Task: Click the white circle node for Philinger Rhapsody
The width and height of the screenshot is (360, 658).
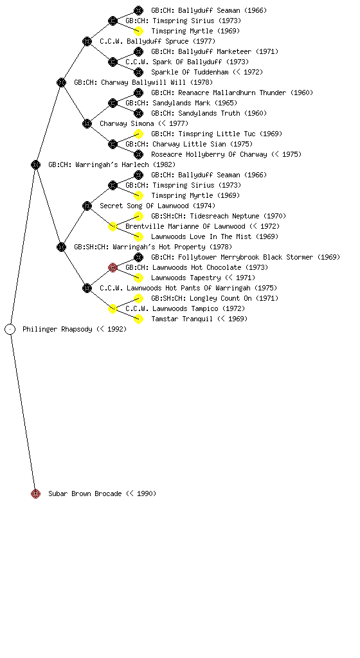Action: coord(10,329)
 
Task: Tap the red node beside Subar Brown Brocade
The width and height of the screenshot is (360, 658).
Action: coord(35,493)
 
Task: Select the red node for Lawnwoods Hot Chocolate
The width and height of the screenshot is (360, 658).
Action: coord(113,267)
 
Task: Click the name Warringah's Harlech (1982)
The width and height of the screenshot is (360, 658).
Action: coord(125,164)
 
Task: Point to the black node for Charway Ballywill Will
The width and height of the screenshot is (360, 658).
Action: coord(61,82)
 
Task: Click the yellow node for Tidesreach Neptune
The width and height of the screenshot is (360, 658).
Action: coord(138,216)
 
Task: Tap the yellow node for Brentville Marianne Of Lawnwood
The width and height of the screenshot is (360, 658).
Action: coord(113,226)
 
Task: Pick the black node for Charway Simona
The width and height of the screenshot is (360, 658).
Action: coord(87,123)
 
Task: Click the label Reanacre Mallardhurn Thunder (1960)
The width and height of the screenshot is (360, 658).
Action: coord(246,93)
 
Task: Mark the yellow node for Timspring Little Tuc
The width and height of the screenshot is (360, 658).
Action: coord(138,134)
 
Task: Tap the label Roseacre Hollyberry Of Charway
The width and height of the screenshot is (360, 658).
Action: coord(209,154)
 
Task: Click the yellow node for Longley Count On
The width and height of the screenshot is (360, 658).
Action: coord(138,298)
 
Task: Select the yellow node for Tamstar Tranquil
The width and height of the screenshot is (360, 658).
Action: coord(138,319)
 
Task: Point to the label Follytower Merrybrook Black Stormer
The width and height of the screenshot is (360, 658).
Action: coord(246,257)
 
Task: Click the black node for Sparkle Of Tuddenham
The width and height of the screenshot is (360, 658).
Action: coord(138,72)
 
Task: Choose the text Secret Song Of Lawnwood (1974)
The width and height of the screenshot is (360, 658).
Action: coord(157,206)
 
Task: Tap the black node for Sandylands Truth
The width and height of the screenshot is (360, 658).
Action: coord(138,113)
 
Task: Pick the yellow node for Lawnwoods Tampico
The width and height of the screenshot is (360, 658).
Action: coord(113,308)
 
